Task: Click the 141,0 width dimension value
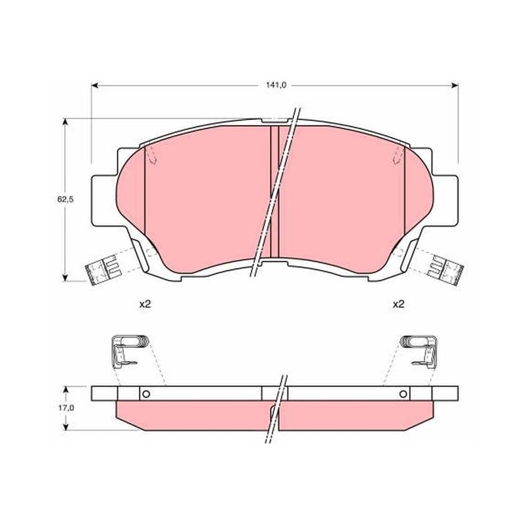point(276,85)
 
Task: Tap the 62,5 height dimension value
point(65,200)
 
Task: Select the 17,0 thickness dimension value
point(65,408)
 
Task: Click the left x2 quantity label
point(145,304)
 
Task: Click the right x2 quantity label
point(399,304)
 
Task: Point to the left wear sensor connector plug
point(102,269)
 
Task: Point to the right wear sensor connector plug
point(445,269)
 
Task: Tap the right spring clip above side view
point(419,351)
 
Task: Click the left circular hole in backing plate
point(145,394)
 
